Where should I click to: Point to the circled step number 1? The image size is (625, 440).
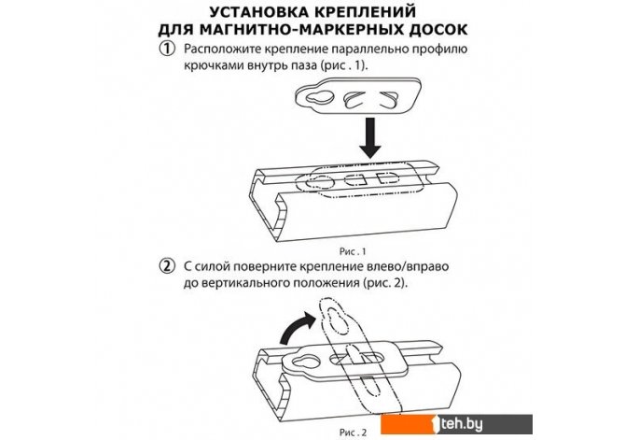tap(168, 49)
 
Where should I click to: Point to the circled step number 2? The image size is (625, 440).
tap(168, 264)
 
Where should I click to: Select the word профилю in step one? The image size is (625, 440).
tap(441, 49)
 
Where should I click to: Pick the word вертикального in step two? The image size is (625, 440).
tap(243, 282)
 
